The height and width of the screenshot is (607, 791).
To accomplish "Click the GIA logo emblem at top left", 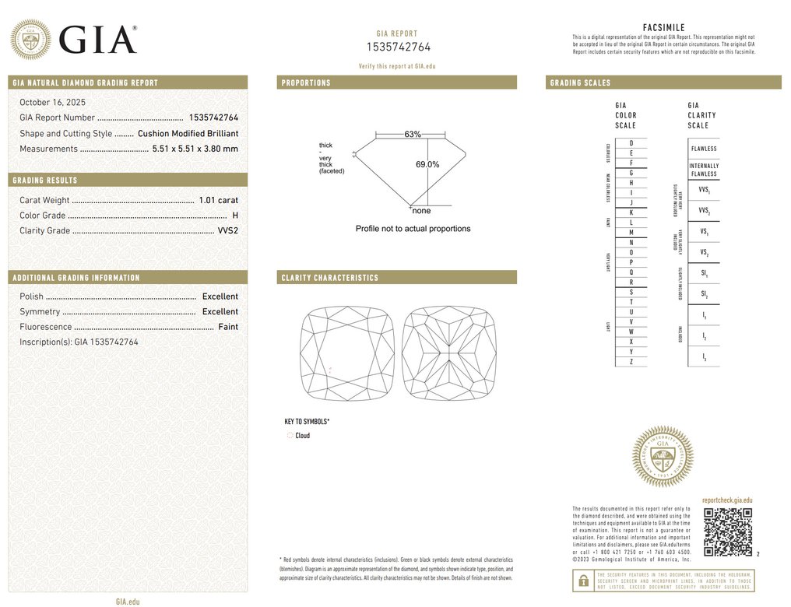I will [30, 39].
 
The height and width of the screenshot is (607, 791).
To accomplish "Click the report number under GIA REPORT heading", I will [397, 47].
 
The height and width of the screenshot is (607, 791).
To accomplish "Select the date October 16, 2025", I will [52, 102].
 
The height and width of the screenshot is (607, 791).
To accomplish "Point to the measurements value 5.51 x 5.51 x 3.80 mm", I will [195, 149].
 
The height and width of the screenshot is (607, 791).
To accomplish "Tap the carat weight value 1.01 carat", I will [218, 200].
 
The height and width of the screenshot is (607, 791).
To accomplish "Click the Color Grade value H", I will [235, 216].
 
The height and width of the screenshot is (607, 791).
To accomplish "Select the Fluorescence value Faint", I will [228, 327].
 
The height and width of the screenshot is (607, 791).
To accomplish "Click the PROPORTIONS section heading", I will [306, 82].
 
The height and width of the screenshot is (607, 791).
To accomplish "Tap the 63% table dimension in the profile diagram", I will [413, 135].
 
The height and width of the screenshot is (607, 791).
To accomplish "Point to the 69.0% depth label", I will [427, 164].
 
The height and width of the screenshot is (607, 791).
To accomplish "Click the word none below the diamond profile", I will [421, 211].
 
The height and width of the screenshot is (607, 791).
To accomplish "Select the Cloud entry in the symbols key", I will [302, 436].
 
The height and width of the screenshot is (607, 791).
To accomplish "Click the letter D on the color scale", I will [631, 143].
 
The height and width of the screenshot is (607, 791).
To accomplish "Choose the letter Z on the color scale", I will [631, 362].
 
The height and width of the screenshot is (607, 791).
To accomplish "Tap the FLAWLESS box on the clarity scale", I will [703, 149].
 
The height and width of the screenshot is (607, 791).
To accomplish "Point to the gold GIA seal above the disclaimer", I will [662, 456].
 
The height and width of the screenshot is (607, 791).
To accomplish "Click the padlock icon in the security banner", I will [582, 580].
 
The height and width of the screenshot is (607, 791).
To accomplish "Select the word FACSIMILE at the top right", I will [663, 28].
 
